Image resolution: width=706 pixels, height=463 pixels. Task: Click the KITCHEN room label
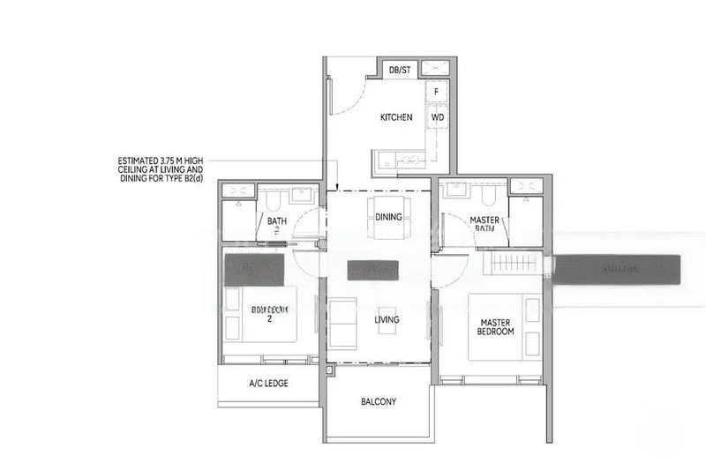coord(396,117)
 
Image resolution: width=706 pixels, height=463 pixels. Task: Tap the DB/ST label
coord(399,70)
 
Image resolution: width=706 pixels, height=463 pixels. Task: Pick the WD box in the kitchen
coord(437,116)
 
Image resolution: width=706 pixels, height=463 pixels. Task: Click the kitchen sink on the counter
coord(410,160)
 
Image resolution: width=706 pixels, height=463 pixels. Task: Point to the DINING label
coord(388,217)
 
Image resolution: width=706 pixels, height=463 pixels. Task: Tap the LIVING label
coord(387,319)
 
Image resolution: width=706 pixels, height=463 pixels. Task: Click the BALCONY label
coord(379,402)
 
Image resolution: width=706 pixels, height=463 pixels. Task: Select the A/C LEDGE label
coord(268,384)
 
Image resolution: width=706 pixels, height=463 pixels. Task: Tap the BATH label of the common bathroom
coord(277,221)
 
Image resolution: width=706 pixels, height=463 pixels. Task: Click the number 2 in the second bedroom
coord(269,319)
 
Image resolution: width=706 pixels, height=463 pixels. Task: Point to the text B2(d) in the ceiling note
coord(190,179)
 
